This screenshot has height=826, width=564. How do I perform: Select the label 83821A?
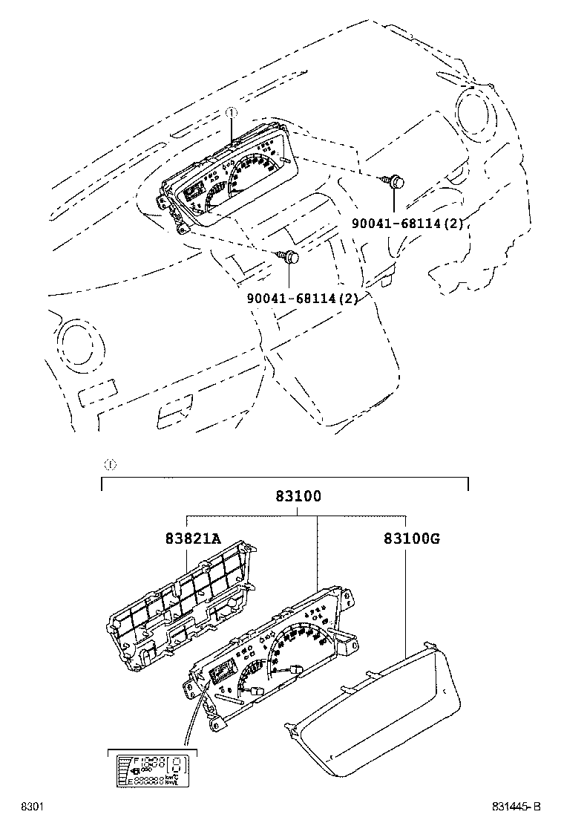pyautogui.click(x=193, y=539)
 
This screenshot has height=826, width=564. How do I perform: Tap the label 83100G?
pyautogui.click(x=412, y=539)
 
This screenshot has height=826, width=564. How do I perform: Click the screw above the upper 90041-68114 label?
pyautogui.click(x=394, y=180)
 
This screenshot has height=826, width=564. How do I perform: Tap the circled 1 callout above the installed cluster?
pyautogui.click(x=231, y=114)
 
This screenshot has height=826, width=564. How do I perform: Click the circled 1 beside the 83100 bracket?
pyautogui.click(x=108, y=465)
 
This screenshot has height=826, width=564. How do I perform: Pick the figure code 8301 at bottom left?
pyautogui.click(x=30, y=807)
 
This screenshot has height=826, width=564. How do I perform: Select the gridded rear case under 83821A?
pyautogui.click(x=182, y=602)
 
